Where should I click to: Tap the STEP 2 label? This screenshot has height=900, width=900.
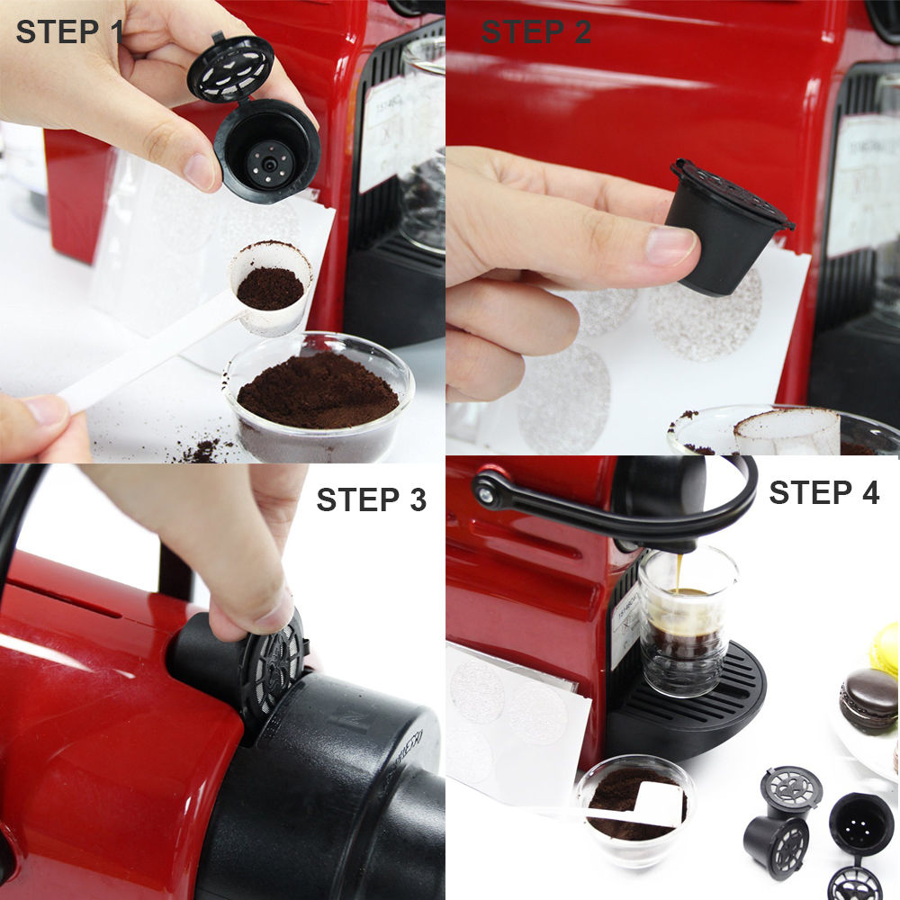535,31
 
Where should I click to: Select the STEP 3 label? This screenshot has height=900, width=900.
371,500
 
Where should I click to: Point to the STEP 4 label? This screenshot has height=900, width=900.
823,492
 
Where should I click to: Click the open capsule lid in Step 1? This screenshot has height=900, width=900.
229,67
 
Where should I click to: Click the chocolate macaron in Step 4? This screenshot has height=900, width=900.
868,697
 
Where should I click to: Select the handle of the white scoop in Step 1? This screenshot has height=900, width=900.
135,360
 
